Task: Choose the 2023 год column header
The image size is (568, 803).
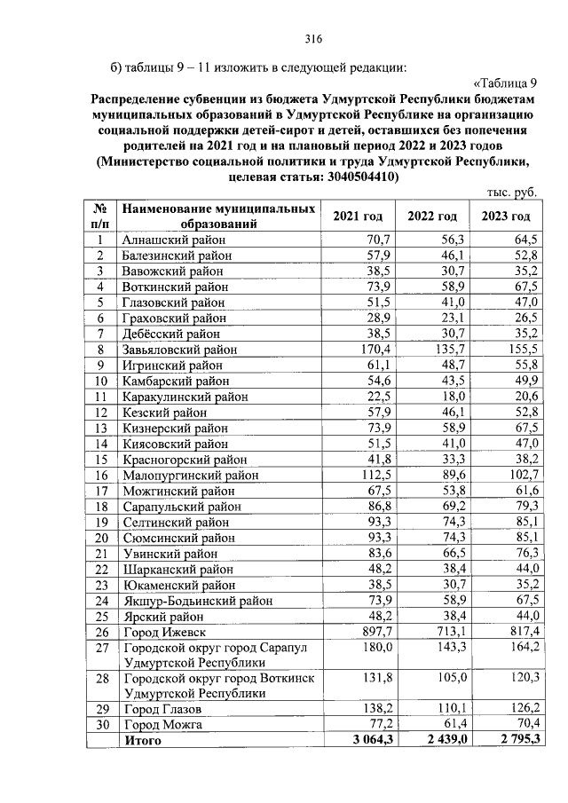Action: tap(506, 217)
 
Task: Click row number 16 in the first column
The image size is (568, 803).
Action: tap(101, 475)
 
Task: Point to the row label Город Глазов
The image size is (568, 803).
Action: tap(162, 710)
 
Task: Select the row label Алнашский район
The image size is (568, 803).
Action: tap(169, 240)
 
